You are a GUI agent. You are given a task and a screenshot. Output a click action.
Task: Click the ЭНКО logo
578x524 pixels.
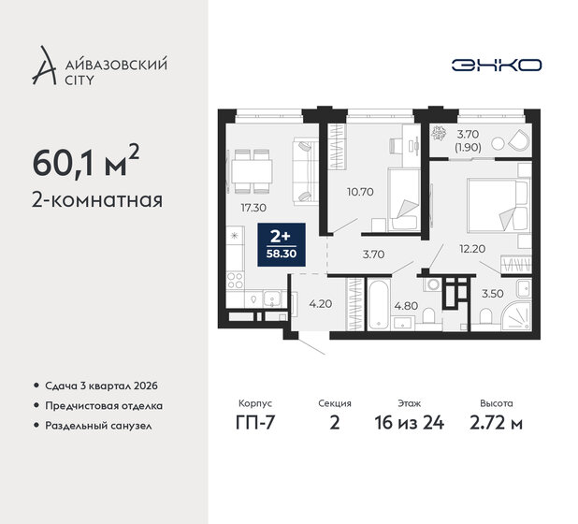point(495,65)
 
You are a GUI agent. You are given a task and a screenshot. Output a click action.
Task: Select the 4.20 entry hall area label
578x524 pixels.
point(321,302)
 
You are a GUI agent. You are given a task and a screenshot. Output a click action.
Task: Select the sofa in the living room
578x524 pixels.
point(305,169)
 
